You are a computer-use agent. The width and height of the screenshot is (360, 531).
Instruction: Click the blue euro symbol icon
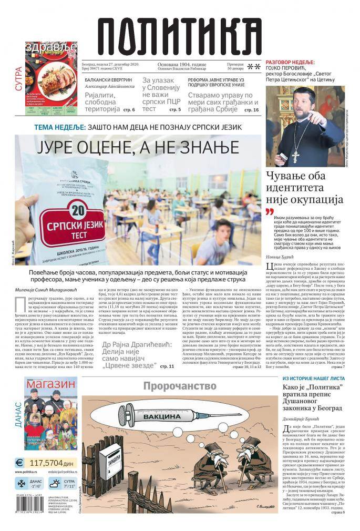(20, 463)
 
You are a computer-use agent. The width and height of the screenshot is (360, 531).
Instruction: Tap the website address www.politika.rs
(29, 473)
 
